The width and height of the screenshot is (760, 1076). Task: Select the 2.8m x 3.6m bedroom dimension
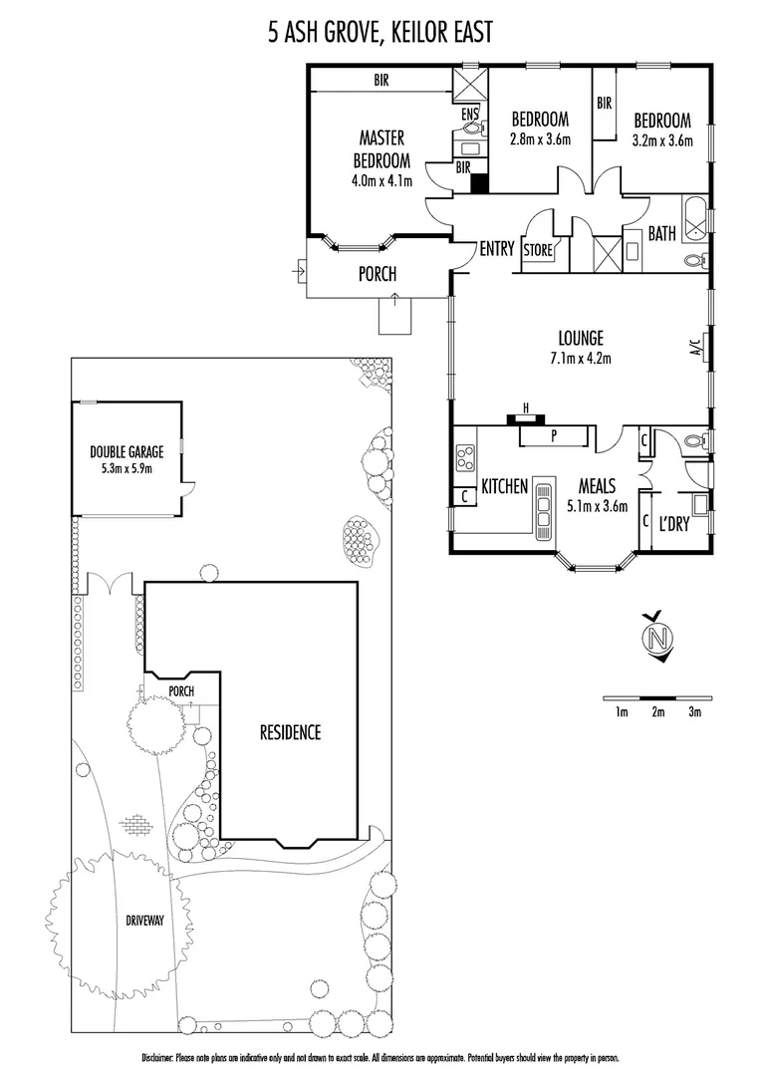pyautogui.click(x=539, y=139)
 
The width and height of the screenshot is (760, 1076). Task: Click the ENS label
pyautogui.click(x=468, y=115)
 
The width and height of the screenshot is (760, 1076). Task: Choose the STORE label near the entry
pyautogui.click(x=537, y=251)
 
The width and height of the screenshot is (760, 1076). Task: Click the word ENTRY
pyautogui.click(x=496, y=248)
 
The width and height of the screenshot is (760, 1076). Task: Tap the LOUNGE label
pyautogui.click(x=581, y=338)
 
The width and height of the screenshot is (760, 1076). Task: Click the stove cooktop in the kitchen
pyautogui.click(x=465, y=458)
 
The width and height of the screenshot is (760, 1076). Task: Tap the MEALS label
pyautogui.click(x=603, y=487)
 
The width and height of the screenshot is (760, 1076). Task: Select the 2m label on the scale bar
pyautogui.click(x=657, y=711)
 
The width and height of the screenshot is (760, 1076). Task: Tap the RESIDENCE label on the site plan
pyautogui.click(x=290, y=732)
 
